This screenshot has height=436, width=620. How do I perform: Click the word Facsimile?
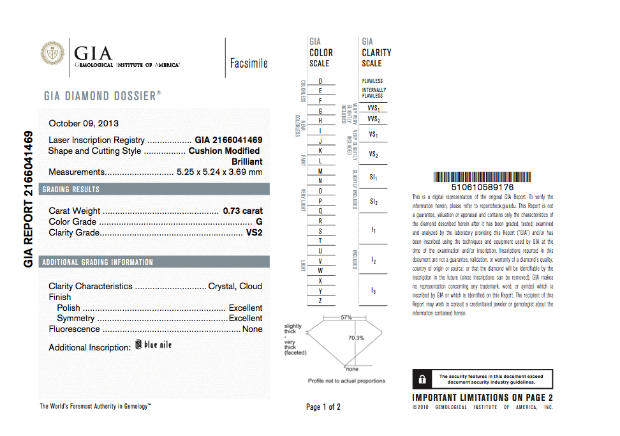pos(249,63)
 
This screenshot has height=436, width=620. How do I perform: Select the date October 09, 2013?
pos(84,123)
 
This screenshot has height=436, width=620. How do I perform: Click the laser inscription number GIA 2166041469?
pos(228,140)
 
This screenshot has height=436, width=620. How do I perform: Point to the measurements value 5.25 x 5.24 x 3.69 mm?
pos(219,172)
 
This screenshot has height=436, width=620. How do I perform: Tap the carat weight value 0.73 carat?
pos(242,211)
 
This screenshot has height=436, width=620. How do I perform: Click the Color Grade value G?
pos(259,222)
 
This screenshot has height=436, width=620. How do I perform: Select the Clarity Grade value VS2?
pos(254,232)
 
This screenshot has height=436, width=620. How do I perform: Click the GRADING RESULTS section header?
pos(71,190)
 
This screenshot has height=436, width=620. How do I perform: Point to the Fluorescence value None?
pos(252,329)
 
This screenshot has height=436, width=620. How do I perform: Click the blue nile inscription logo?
pos(153,345)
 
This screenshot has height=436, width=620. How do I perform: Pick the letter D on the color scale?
pos(320,81)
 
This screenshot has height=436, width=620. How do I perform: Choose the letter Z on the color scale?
pos(320,301)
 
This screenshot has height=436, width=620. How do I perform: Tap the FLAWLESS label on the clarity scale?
pos(373,81)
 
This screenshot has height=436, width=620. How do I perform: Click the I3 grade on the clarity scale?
pos(373,290)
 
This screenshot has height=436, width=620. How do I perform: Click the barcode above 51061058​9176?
pos(482,177)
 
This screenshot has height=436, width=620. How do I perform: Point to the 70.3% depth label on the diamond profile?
pos(356,338)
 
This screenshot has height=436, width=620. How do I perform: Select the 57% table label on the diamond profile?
pos(346,317)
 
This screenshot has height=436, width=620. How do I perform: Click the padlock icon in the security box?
pos(422,379)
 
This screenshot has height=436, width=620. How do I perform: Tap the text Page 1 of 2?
pos(323,407)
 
